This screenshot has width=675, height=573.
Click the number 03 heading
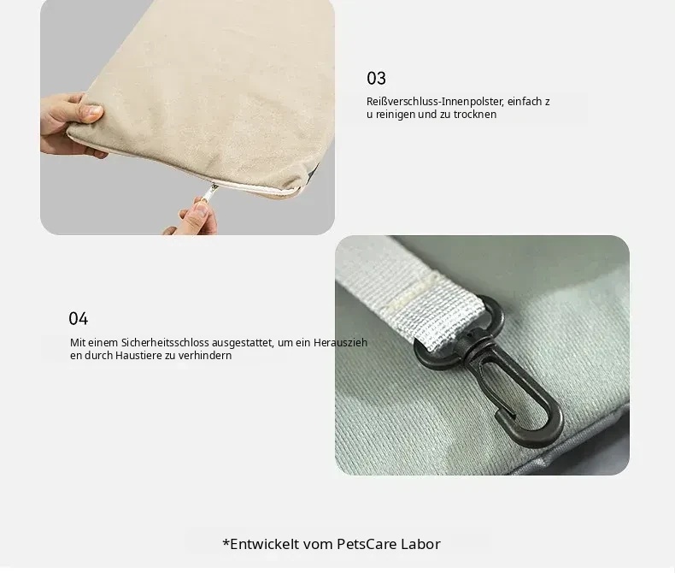(x=376, y=79)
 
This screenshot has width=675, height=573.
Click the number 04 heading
(x=78, y=319)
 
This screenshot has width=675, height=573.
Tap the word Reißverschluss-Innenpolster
(x=435, y=102)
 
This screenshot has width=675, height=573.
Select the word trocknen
(x=475, y=115)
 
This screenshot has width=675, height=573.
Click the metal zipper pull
(x=209, y=192)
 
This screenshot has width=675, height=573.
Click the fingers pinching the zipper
(x=193, y=218)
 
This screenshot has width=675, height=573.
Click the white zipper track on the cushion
(x=258, y=186)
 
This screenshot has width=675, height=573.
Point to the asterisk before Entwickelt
(x=226, y=542)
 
